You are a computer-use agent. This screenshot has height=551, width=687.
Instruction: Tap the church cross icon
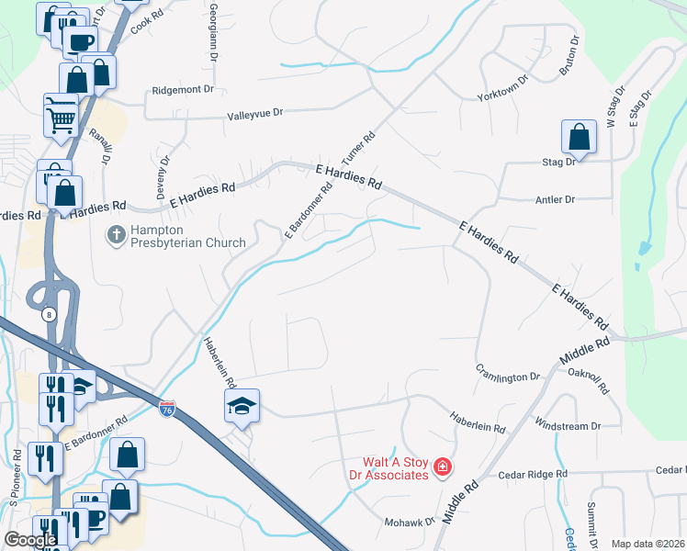click(x=117, y=235)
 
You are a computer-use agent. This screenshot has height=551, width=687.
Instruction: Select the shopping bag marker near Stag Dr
click(x=579, y=139)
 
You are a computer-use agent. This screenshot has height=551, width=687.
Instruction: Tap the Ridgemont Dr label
click(x=182, y=91)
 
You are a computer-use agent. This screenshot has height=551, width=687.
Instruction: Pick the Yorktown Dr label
click(x=503, y=92)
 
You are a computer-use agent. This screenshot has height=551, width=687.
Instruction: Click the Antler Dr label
click(x=555, y=198)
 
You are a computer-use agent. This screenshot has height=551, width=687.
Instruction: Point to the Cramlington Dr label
click(x=508, y=377)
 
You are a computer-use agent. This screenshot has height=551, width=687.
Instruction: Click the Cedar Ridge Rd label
click(x=533, y=475)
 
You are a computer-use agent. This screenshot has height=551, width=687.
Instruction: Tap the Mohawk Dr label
click(x=409, y=522)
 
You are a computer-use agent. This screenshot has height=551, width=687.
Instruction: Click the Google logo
click(x=30, y=540)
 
